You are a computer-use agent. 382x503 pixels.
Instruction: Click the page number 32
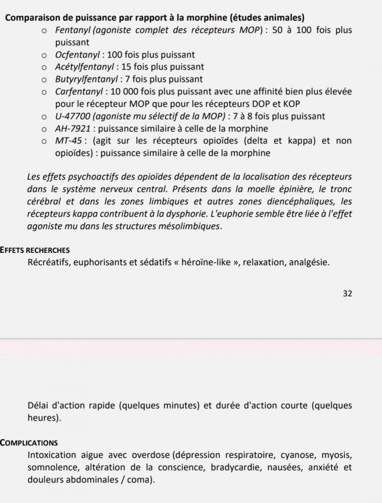click(347, 293)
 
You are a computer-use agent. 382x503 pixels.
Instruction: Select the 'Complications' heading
click(29, 442)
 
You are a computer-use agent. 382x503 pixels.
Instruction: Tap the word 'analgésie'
click(308, 262)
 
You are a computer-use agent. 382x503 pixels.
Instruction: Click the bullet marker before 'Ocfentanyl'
click(44, 55)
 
